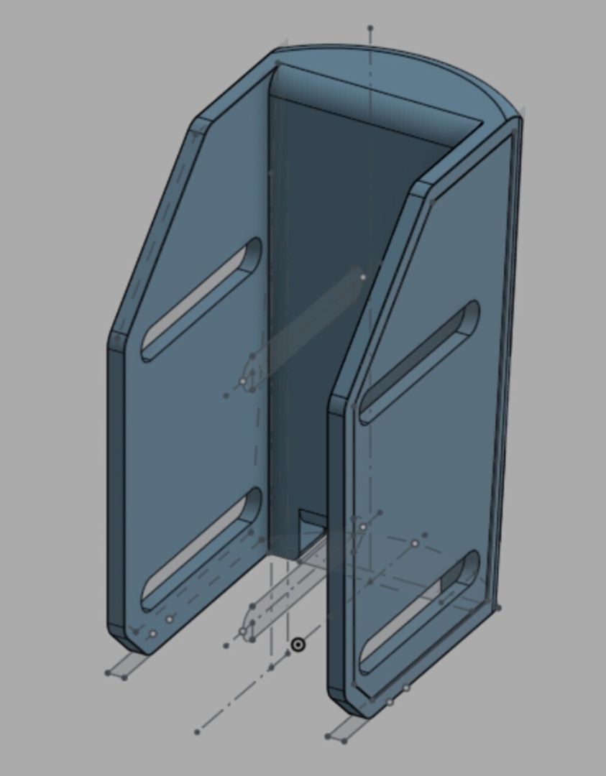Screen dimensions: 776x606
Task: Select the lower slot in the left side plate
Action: click(x=201, y=549)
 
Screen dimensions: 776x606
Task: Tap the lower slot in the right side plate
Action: click(x=420, y=611)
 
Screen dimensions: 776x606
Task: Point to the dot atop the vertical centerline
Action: click(x=370, y=29)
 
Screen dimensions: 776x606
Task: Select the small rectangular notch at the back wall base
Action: click(x=311, y=520)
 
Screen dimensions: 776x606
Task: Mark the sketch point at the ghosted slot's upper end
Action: click(x=363, y=277)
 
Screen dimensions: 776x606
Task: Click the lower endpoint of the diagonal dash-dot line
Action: click(x=198, y=731)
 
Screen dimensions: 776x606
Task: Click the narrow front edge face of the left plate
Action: click(x=115, y=489)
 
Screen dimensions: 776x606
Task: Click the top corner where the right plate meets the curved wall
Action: click(x=518, y=119)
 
